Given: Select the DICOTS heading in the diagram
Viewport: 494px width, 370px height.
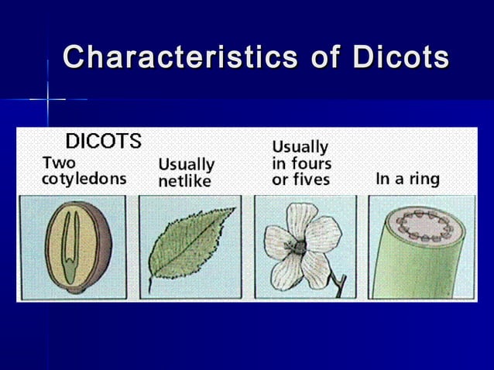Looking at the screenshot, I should click(103, 142).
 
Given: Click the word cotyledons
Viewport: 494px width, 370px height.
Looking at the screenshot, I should click(84, 179).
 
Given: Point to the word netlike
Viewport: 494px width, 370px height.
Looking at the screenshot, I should click(184, 181).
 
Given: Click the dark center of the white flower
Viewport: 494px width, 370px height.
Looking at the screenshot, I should click(299, 245).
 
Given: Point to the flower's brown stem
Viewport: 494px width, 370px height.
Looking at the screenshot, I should click(338, 283).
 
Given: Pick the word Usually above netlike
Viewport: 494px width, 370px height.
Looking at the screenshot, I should click(186, 165).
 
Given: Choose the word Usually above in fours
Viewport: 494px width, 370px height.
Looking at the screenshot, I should click(300, 146).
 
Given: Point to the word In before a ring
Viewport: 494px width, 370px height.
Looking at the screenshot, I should click(383, 180).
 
